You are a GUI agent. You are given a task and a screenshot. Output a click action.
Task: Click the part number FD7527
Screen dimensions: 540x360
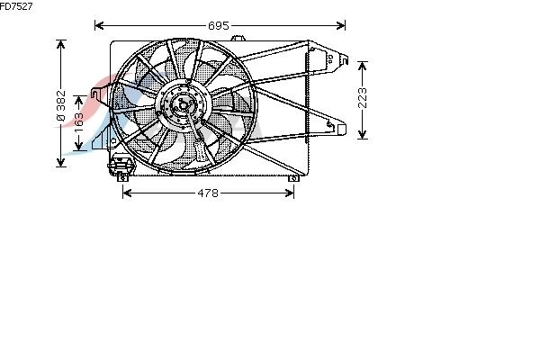[16, 6]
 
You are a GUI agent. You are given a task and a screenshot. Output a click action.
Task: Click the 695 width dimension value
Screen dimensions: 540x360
[219, 25]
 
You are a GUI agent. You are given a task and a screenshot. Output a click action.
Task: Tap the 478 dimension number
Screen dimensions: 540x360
[208, 193]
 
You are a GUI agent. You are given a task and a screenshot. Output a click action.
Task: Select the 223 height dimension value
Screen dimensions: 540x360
[363, 98]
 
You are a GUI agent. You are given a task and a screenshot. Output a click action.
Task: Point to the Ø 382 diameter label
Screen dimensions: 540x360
[60, 105]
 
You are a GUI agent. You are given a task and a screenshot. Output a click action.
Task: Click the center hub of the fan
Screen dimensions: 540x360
[183, 104]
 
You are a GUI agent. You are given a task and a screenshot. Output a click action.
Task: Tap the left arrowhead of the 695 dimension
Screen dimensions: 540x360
[99, 25]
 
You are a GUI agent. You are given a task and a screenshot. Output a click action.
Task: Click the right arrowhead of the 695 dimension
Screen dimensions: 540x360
[340, 25]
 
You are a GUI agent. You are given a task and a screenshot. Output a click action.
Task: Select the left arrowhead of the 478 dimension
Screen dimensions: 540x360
[127, 193]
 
